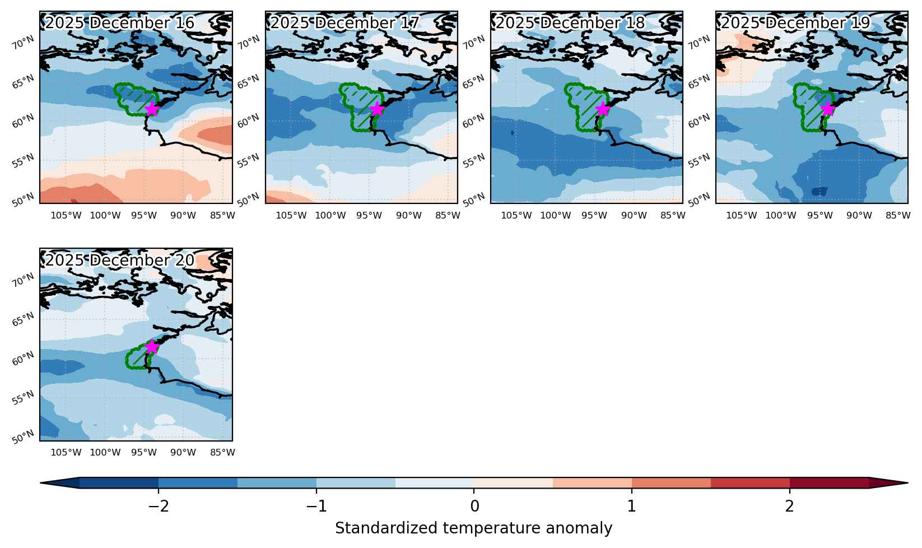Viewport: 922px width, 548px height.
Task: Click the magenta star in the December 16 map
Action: point(152,109)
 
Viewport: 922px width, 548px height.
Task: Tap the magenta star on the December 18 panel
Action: point(603,109)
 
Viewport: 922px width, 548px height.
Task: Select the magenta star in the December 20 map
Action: point(152,347)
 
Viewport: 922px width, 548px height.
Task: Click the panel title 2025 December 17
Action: point(344,22)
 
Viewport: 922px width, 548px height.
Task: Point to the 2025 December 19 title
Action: point(795,22)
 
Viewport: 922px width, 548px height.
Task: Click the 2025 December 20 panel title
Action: point(119,260)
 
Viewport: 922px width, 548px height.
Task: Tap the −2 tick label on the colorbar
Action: point(159,506)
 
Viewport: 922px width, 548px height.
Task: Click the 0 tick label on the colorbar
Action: point(474,506)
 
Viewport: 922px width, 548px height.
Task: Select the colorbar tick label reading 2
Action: point(789,506)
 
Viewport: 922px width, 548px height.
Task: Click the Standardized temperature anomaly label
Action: point(474,528)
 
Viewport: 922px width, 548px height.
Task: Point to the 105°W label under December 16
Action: point(66,215)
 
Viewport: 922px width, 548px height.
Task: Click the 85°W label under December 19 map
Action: point(898,215)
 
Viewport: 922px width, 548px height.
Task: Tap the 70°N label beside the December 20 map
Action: point(23,280)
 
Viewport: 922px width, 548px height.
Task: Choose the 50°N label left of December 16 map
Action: point(23,200)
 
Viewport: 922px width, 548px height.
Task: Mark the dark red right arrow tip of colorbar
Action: point(907,483)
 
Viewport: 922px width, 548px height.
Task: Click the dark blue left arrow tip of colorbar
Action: point(41,483)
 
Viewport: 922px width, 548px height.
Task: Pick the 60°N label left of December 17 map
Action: point(249,121)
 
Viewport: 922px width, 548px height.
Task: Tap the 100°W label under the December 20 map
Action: point(105,453)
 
